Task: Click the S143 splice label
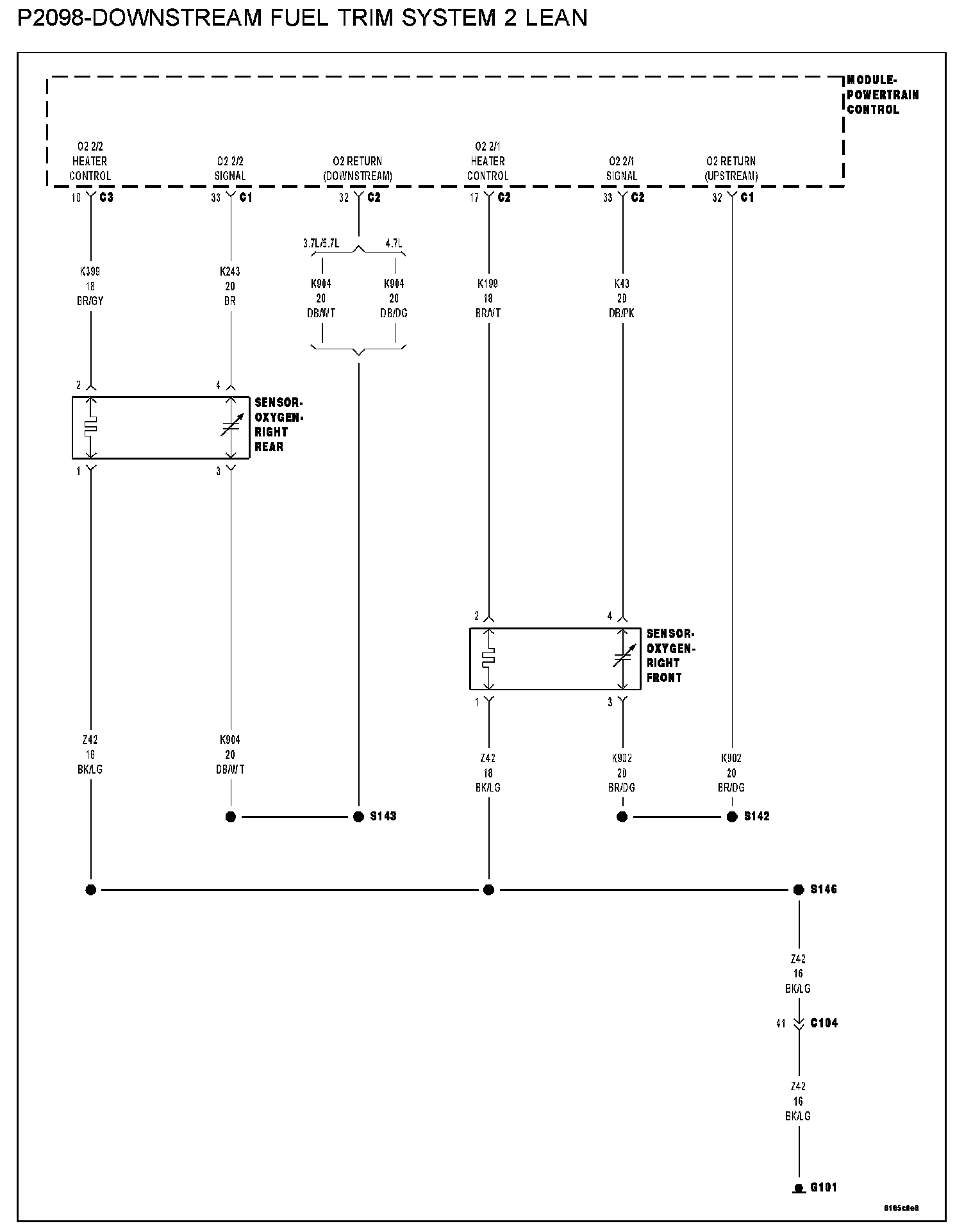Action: point(383,816)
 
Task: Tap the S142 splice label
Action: point(756,816)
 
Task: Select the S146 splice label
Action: point(823,889)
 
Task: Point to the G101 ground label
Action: point(823,1187)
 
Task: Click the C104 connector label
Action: point(823,1022)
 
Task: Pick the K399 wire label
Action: point(90,271)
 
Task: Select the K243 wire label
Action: point(230,271)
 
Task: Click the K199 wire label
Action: point(488,283)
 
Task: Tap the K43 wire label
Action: point(621,283)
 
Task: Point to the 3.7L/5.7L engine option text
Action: point(320,244)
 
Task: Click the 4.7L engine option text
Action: point(394,244)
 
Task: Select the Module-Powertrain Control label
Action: point(882,95)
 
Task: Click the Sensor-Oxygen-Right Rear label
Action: point(278,424)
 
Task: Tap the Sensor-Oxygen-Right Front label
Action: point(670,655)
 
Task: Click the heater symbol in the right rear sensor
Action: point(90,427)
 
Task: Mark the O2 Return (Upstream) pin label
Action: point(731,168)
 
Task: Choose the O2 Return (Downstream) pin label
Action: point(358,168)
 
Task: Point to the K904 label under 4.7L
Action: point(394,283)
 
